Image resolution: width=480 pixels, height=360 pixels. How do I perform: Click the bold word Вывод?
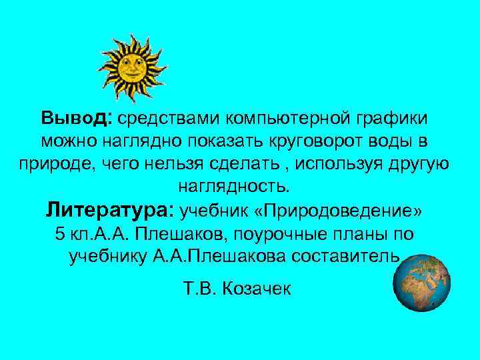point(77,119)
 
